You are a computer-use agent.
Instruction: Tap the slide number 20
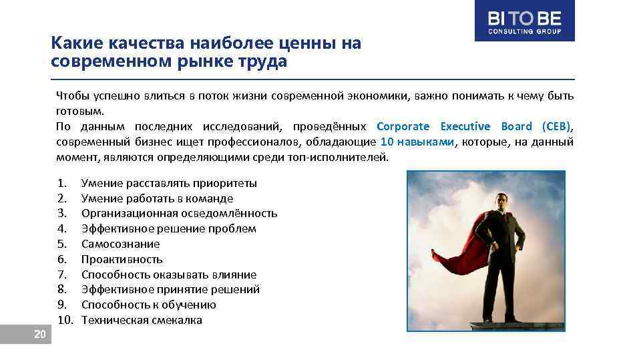click(39, 334)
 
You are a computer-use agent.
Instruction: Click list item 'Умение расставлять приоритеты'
click(169, 183)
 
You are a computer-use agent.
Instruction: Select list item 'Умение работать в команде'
click(157, 198)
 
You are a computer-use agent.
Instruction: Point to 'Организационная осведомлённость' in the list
click(179, 214)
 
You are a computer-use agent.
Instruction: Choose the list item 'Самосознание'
click(120, 244)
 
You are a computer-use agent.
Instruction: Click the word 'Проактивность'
click(122, 259)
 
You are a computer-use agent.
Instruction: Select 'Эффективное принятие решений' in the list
click(170, 289)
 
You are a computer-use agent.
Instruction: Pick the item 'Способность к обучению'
click(148, 305)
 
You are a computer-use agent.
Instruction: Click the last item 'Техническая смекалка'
click(142, 320)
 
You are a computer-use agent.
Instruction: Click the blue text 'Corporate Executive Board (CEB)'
click(473, 126)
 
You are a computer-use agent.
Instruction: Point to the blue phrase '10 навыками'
click(417, 142)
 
